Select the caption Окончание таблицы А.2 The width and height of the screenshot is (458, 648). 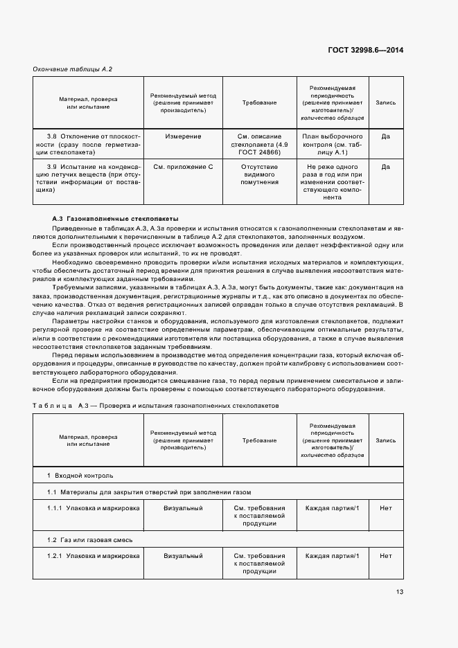73,69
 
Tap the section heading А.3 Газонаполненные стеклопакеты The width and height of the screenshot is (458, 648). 115,217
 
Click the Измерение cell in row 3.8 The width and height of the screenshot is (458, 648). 183,136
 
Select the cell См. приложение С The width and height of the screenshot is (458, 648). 183,167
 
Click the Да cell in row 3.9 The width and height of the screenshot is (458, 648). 385,167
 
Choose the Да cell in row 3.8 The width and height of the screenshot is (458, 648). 385,136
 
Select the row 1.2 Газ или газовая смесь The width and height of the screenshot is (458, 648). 89,539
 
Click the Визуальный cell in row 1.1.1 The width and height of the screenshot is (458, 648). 183,508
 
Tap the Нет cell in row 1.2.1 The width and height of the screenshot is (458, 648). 385,556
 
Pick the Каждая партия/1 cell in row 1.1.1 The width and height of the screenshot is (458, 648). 332,508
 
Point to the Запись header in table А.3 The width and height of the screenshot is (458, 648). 385,440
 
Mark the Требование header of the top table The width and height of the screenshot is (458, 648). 259,102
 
